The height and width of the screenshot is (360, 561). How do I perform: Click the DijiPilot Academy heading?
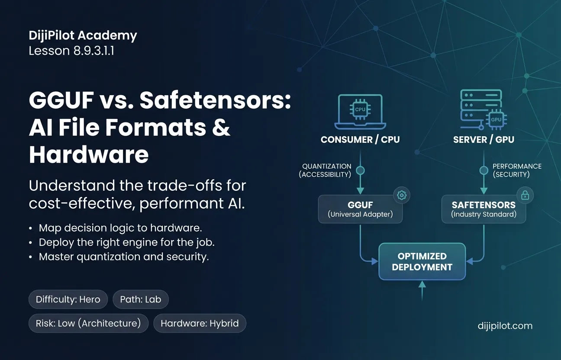[x=83, y=35]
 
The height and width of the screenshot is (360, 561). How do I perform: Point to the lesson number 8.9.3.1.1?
[x=93, y=51]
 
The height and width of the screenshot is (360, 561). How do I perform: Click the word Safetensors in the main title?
[x=215, y=100]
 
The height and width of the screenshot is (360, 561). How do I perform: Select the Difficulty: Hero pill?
[x=68, y=299]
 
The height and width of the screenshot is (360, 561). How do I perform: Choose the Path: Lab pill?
[x=141, y=299]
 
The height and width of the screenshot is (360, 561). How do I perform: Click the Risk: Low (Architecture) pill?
[x=88, y=323]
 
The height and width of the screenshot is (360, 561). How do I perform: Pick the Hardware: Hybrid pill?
[x=200, y=323]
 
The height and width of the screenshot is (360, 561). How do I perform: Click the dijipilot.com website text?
[x=505, y=326]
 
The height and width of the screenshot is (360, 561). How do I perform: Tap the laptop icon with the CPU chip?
[x=360, y=112]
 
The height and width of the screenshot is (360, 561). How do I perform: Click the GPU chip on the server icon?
[x=496, y=120]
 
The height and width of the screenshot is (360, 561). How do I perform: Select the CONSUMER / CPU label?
[x=360, y=139]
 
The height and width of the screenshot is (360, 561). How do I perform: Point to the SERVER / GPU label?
[x=484, y=139]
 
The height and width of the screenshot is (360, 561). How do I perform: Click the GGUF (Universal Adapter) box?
[x=360, y=209]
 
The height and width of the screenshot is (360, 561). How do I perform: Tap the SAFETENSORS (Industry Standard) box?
[x=484, y=209]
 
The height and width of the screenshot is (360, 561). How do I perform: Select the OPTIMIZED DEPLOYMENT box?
[x=422, y=261]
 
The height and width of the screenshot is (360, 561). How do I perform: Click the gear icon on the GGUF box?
[x=402, y=195]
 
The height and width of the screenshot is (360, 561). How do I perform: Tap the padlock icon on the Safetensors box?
[x=525, y=195]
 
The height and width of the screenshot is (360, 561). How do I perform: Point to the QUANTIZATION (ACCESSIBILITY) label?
[x=326, y=170]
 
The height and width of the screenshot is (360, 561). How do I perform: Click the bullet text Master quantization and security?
[x=124, y=257]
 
